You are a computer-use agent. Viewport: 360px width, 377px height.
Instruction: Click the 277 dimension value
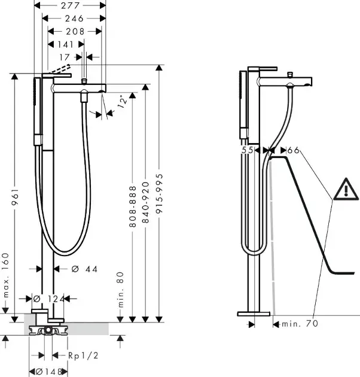click(70, 5)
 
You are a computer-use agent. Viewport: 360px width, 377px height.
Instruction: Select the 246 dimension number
click(74, 19)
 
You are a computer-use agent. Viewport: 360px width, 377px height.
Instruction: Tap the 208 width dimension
click(75, 32)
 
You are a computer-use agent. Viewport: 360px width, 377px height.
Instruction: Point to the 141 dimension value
click(65, 44)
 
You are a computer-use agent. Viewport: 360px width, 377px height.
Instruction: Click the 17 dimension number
click(65, 57)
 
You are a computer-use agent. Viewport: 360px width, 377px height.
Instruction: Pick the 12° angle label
click(122, 102)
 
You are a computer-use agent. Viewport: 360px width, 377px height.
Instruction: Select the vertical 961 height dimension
click(15, 196)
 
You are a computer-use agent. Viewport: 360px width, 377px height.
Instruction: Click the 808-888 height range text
click(133, 206)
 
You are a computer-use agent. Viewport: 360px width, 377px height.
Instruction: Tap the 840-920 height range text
click(146, 202)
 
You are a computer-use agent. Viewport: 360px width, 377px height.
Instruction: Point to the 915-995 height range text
click(159, 193)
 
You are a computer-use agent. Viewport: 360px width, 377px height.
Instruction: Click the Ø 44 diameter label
click(84, 269)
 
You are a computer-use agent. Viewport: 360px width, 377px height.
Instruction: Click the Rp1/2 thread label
click(83, 355)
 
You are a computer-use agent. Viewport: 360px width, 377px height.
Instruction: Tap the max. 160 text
click(5, 275)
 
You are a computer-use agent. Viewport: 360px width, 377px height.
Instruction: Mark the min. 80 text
click(121, 290)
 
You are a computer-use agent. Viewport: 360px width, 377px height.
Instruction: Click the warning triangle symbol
click(346, 189)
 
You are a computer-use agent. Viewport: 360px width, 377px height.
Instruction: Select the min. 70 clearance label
click(300, 324)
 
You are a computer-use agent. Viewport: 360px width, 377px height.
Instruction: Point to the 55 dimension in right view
click(248, 150)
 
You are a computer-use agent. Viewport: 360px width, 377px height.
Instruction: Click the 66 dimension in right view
click(294, 150)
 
